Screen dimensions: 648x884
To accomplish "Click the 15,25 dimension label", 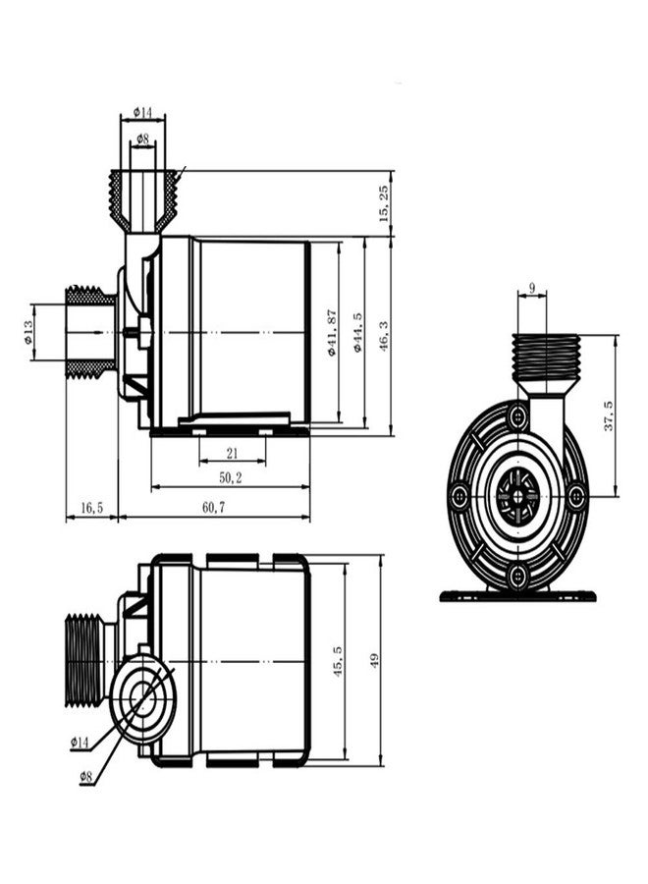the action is [x=384, y=203].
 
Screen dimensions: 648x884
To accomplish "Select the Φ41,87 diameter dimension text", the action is [x=332, y=333].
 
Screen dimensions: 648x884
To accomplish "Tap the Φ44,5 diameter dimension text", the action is [x=357, y=333].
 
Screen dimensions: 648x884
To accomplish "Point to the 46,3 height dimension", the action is [x=384, y=337].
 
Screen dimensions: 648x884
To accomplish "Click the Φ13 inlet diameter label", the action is [x=27, y=332].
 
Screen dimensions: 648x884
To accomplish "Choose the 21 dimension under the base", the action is [x=232, y=453].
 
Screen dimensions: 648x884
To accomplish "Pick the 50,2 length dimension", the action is [x=230, y=478].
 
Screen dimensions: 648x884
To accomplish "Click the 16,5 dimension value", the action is [x=92, y=508].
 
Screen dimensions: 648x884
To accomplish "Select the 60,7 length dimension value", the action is [x=214, y=508].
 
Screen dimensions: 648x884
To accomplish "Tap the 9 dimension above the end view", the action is [x=532, y=287].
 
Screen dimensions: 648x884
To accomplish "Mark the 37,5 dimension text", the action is [x=609, y=416].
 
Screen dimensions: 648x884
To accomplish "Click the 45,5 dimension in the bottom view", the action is [x=338, y=661].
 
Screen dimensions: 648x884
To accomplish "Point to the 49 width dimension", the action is [x=374, y=661].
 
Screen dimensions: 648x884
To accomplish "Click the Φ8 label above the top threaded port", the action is [x=142, y=138].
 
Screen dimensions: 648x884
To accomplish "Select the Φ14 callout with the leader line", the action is [x=80, y=744].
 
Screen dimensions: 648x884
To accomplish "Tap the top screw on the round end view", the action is [x=517, y=417].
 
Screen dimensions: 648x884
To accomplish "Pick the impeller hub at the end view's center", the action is [x=517, y=497].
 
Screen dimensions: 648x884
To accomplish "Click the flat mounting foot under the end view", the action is [x=517, y=596].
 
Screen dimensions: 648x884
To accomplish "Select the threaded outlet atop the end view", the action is [x=546, y=358].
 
